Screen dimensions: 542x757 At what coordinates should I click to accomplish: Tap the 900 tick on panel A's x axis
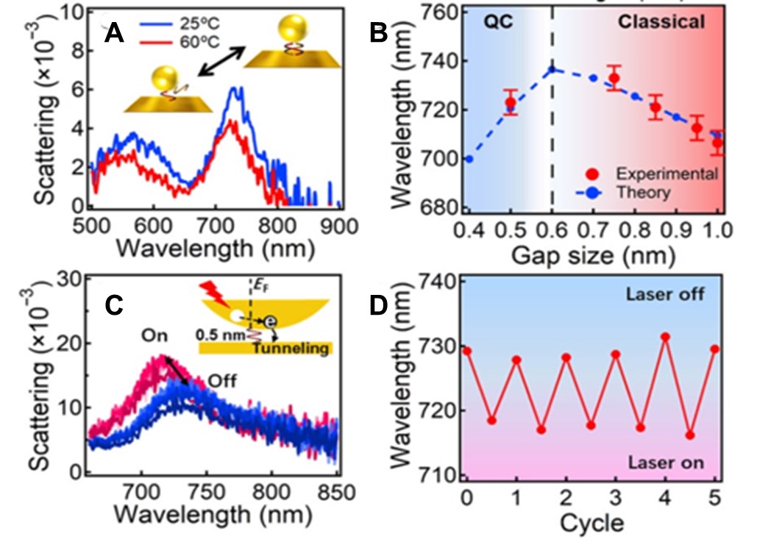coord(340,224)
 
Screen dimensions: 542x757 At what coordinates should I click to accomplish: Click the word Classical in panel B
coord(661,22)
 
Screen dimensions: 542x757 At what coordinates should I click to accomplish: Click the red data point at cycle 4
coord(665,337)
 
